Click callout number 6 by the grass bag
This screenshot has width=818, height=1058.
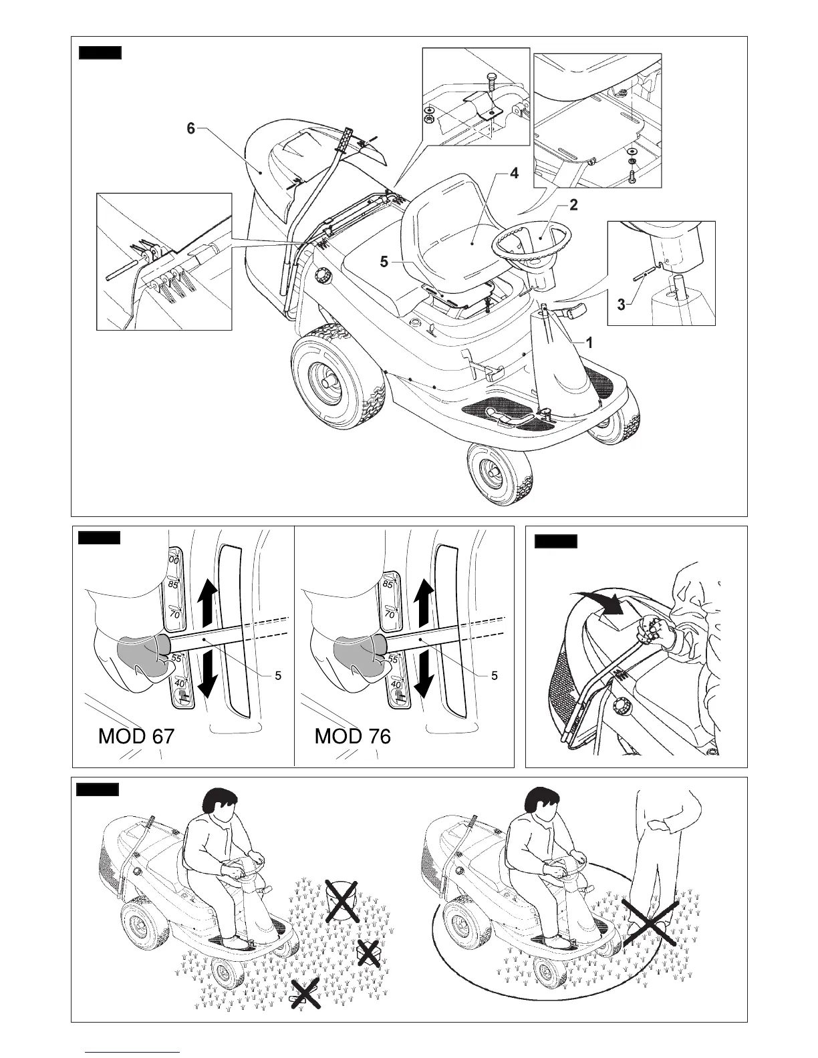click(191, 128)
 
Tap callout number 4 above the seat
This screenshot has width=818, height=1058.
click(513, 174)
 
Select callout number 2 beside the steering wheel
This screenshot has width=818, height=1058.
click(573, 206)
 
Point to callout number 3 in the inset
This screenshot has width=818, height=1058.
click(621, 305)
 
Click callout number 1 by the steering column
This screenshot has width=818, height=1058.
click(589, 342)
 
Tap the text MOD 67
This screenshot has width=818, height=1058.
click(136, 736)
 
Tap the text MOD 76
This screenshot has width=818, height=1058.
click(352, 736)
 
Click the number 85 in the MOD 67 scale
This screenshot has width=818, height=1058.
click(174, 585)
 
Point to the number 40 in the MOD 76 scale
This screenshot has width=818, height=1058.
click(395, 684)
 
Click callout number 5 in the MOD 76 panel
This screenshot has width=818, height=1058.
click(494, 676)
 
